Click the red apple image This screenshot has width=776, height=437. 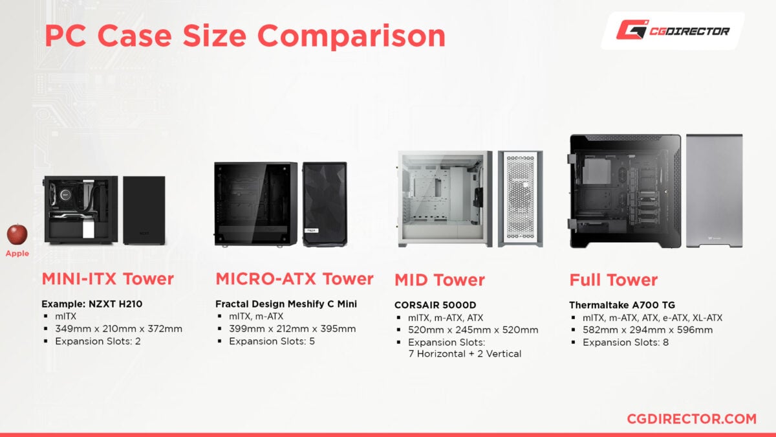17,234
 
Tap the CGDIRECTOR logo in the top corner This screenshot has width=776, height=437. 673,30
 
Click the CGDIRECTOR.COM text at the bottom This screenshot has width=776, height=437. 691,419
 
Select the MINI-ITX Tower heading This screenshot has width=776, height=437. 107,279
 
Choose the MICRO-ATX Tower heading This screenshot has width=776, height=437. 294,279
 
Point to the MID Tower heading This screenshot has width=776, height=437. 440,280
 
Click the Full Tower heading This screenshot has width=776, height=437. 613,280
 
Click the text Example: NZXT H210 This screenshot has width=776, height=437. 91,304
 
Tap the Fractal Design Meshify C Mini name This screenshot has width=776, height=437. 286,304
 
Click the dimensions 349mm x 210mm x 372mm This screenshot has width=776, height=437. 118,329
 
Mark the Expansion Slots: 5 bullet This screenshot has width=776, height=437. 272,341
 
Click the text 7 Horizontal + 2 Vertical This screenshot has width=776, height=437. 464,353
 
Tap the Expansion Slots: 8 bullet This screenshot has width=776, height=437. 625,342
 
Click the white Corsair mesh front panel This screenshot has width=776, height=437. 520,199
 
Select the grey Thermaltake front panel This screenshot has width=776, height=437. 714,191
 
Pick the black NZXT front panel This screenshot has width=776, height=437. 144,210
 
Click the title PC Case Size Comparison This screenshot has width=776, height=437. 245,36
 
